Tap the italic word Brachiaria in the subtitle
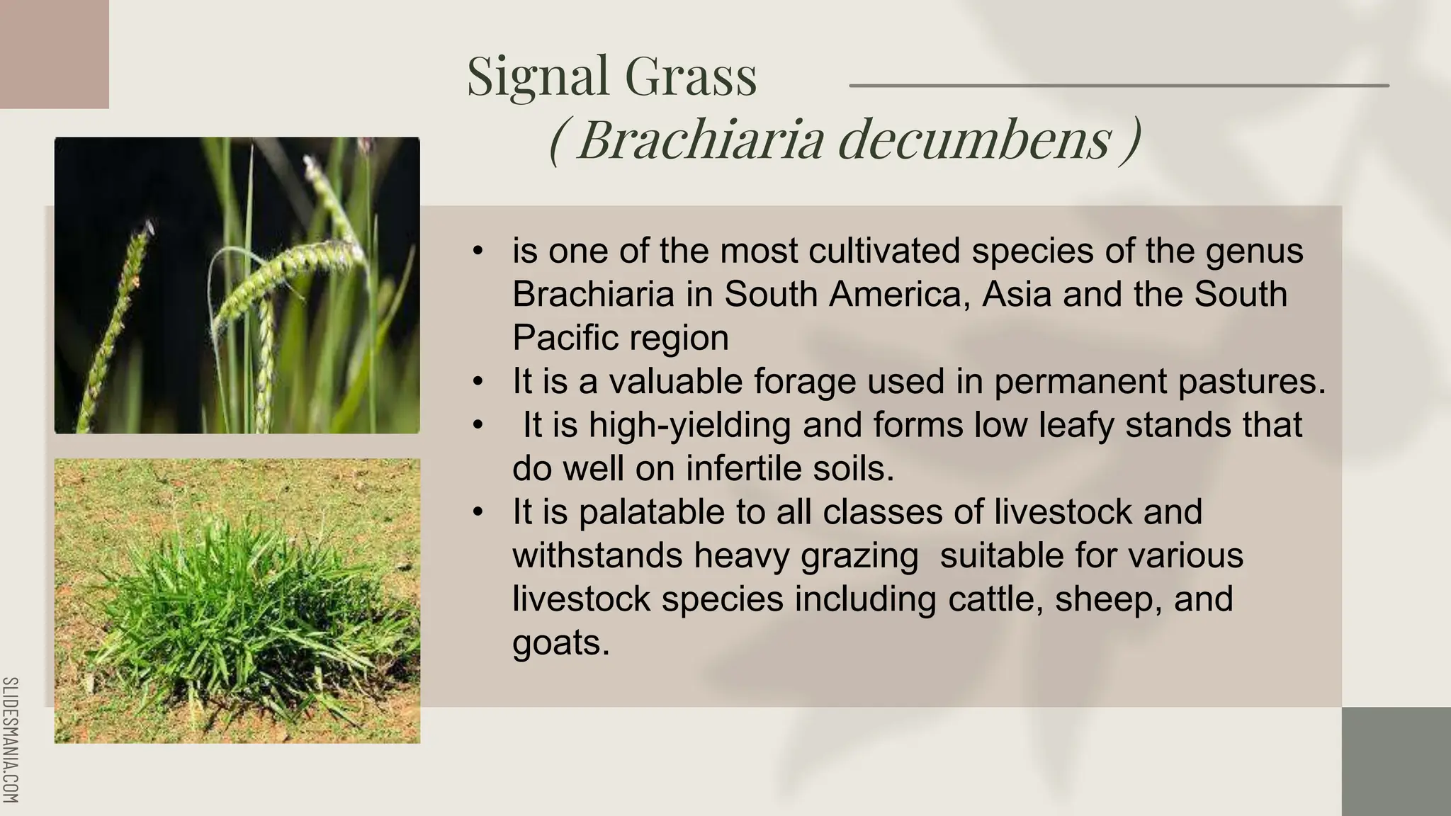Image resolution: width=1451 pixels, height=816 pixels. [701, 139]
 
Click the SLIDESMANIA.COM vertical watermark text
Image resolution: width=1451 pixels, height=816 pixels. [11, 739]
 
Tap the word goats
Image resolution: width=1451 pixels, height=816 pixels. [559, 643]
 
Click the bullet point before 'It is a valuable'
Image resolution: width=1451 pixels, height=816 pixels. [478, 382]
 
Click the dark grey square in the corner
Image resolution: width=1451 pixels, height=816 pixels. [1396, 761]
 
